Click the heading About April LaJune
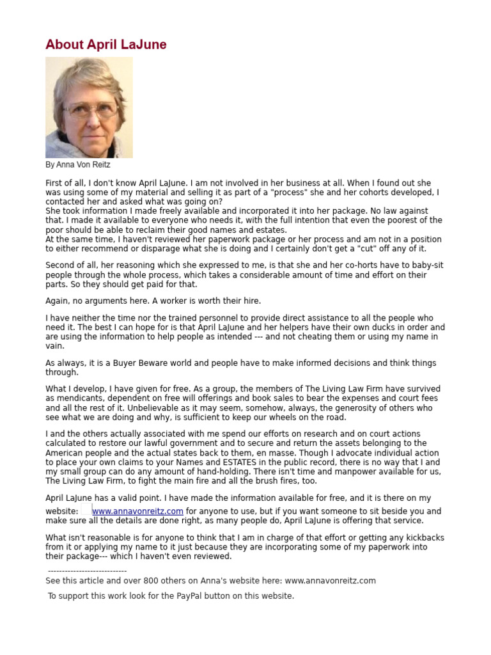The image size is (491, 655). click(106, 44)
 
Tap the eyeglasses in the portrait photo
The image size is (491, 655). click(90, 109)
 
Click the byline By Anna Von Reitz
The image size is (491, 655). click(77, 165)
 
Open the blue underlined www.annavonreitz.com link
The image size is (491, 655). click(137, 512)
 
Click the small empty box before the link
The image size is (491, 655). click(86, 510)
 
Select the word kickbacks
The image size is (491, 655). click(424, 538)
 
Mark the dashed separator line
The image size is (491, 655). click(87, 571)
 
